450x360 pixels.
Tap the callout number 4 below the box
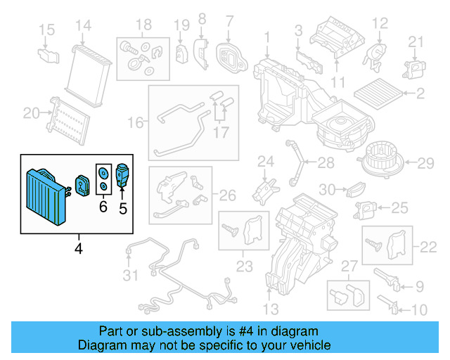pos(79,247)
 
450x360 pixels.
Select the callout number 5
pos(123,208)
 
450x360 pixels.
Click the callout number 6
pos(103,207)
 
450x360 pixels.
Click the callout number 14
pos(84,27)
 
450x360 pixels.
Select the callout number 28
pos(326,163)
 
